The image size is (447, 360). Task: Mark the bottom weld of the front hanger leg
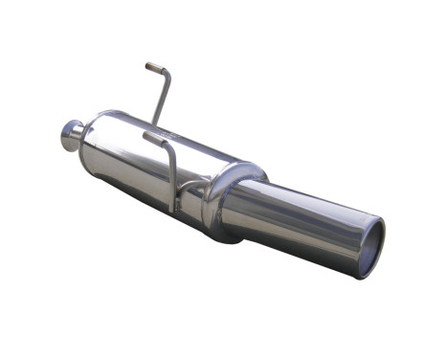click(x=173, y=210)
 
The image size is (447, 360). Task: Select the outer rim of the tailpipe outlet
click(x=382, y=235)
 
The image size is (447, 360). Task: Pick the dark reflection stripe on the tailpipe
click(x=306, y=222)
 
